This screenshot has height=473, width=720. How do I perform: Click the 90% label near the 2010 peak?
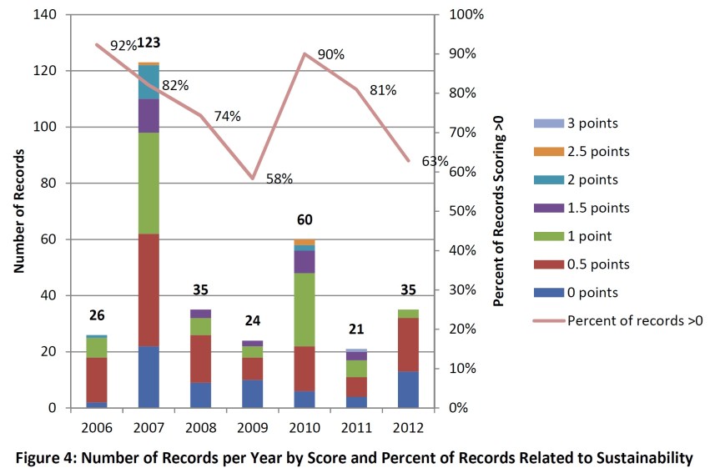click(x=330, y=54)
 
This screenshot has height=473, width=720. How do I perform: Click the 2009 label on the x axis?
click(x=252, y=427)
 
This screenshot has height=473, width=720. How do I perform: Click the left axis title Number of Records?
click(x=18, y=210)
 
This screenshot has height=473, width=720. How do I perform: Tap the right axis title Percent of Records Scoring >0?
click(x=499, y=211)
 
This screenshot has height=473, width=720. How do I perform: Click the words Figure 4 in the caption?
click(x=53, y=456)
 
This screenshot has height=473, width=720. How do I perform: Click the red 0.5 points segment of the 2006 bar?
click(x=97, y=380)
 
